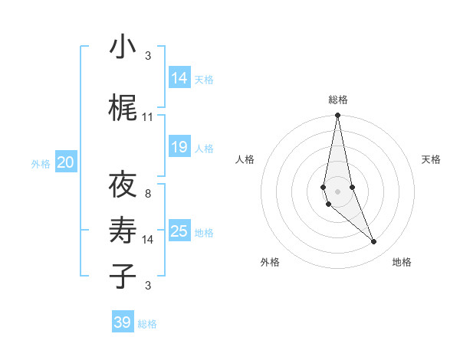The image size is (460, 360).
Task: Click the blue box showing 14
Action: point(179,77)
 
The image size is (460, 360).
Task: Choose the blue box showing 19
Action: point(179,147)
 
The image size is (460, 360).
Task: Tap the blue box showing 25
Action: point(179,231)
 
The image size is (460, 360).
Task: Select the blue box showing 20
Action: point(66,162)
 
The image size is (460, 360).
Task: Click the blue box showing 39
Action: point(123,322)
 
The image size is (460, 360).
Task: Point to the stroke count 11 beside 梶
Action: point(148,117)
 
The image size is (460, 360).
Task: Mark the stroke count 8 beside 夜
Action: point(148,194)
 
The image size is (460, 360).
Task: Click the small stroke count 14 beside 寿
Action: point(148,240)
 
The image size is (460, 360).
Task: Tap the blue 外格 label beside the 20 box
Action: point(41,163)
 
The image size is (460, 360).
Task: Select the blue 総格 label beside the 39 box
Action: point(147,324)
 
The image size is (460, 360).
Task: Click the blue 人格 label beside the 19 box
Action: point(204,149)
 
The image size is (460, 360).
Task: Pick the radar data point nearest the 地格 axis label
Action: point(374,242)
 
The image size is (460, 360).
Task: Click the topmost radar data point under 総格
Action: point(337,116)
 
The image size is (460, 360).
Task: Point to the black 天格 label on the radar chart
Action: point(431,159)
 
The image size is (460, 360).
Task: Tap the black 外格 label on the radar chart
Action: point(270,263)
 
